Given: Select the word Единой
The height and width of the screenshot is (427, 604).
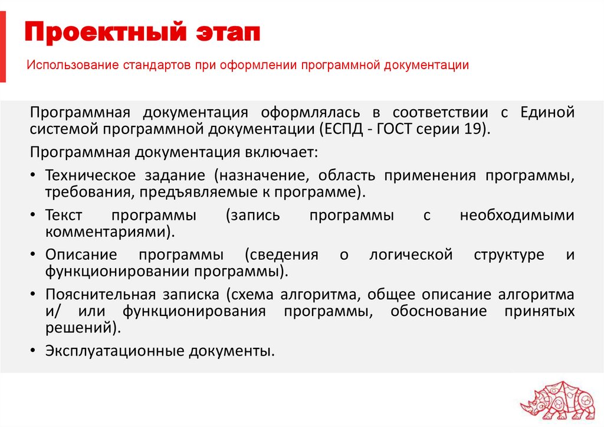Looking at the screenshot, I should coord(547,112).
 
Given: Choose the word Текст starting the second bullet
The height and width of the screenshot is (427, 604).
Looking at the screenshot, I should coord(63,216).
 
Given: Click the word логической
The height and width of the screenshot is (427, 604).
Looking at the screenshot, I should coord(411,255).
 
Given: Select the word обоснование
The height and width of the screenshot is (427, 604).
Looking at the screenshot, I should coord(438,311).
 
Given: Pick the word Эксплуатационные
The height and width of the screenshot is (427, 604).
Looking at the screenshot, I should coord(114,350).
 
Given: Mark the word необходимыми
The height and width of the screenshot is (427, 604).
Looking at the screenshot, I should coord(517,216).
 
